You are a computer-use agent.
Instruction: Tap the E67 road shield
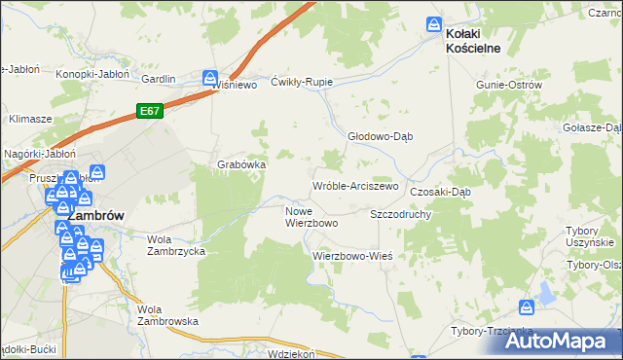[149, 111]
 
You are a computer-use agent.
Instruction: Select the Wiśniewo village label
[234, 85]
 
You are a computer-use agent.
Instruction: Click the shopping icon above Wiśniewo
[209, 77]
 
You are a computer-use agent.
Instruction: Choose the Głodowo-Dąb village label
[381, 136]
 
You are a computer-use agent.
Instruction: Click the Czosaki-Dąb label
[440, 192]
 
